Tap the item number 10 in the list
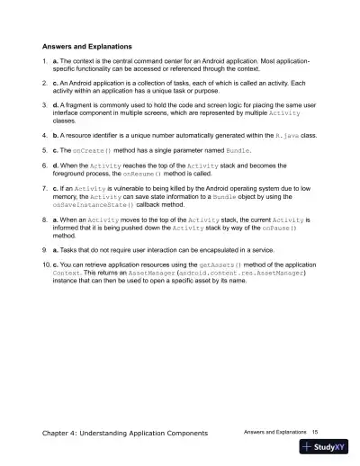click(47, 266)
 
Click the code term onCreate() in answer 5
click(93, 149)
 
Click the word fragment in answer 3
click(79, 103)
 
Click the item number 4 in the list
click(44, 134)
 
